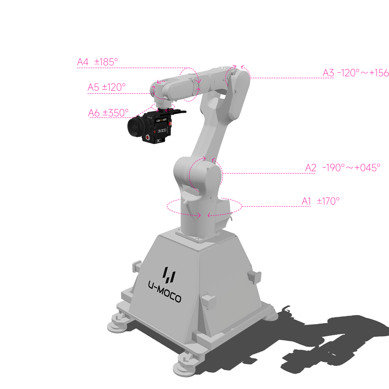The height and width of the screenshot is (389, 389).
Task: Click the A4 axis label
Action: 83,62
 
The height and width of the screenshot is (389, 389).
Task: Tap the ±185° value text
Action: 105,62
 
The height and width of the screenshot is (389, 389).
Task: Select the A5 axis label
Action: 93,88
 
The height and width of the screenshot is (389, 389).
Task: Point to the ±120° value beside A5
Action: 114,88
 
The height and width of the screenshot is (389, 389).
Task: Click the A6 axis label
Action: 94,113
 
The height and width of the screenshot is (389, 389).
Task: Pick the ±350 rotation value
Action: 114,113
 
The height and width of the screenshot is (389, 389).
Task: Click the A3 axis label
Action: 329,73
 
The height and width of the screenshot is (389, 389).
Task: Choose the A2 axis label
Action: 311,168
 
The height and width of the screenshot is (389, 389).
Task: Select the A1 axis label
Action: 307,201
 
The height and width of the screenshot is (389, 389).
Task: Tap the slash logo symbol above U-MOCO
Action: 169,274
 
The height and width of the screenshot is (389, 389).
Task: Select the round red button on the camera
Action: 148,138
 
